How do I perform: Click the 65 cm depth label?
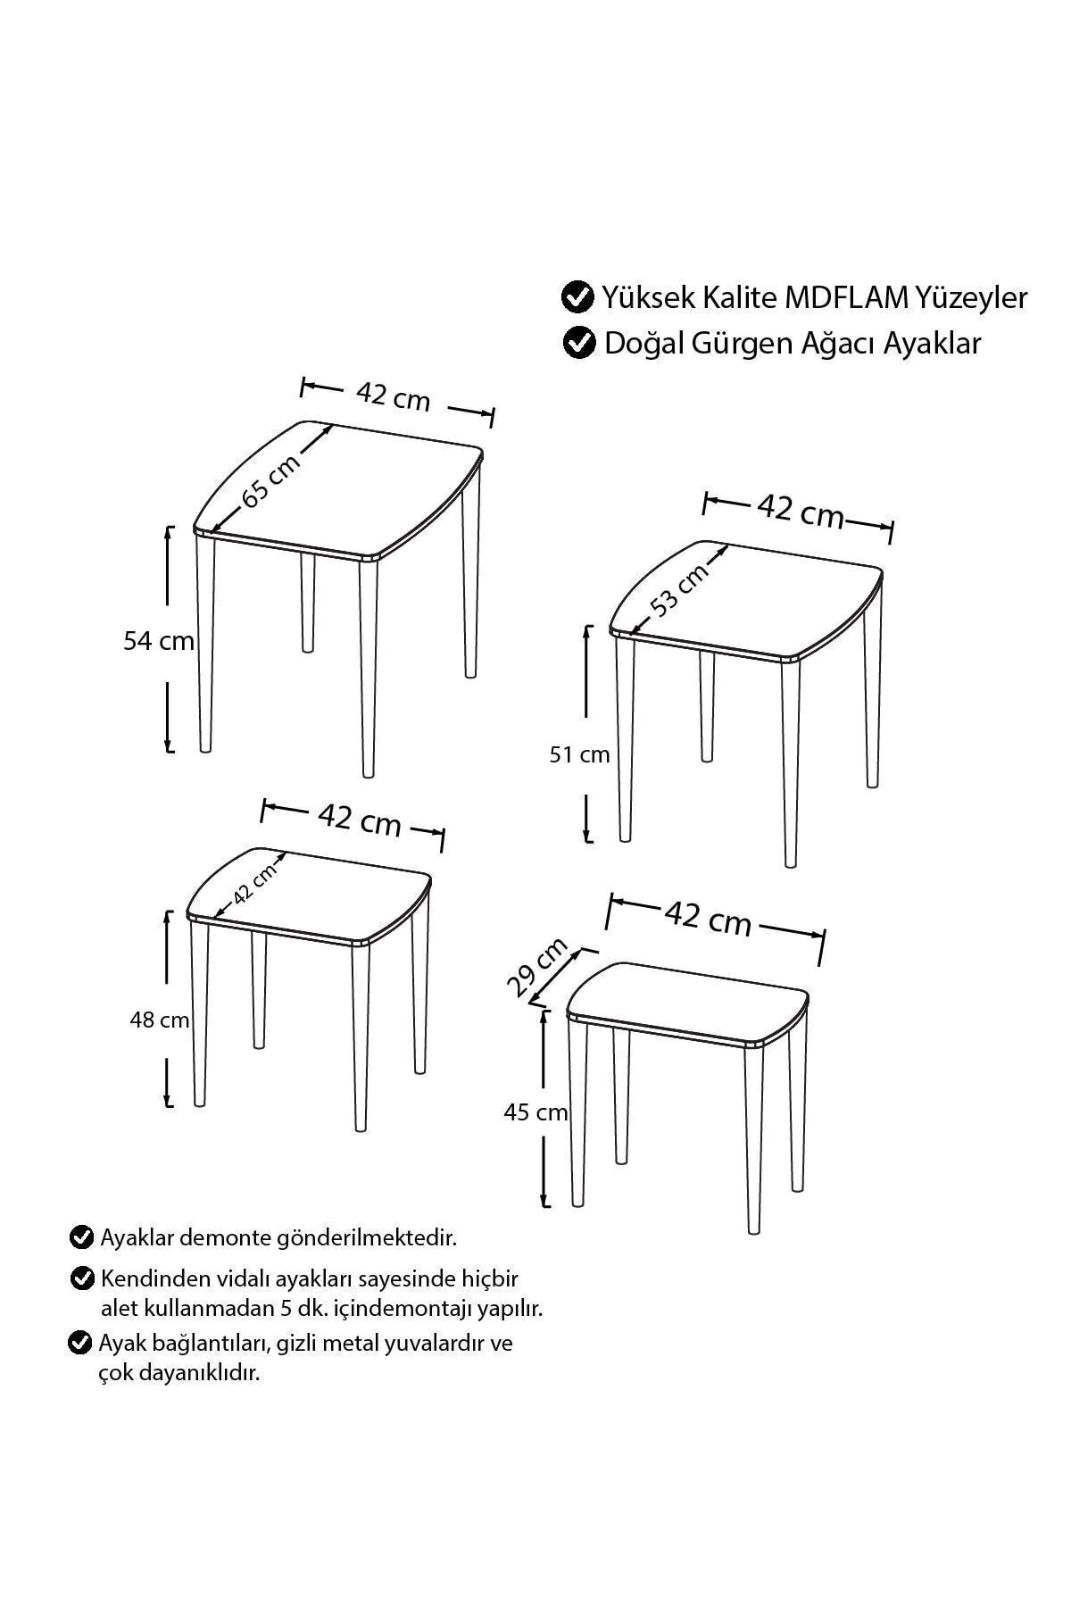(x=271, y=481)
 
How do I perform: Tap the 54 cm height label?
(x=159, y=641)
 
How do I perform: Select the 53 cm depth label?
(x=680, y=588)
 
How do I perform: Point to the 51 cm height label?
(x=579, y=755)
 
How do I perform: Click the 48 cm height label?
(x=160, y=1020)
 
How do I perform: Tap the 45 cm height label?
(x=535, y=1112)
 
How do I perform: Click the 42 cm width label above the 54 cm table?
(x=393, y=396)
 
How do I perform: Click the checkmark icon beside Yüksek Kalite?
(x=577, y=296)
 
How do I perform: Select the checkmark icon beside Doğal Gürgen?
(x=579, y=343)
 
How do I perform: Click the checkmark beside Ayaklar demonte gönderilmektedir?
(x=81, y=1237)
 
